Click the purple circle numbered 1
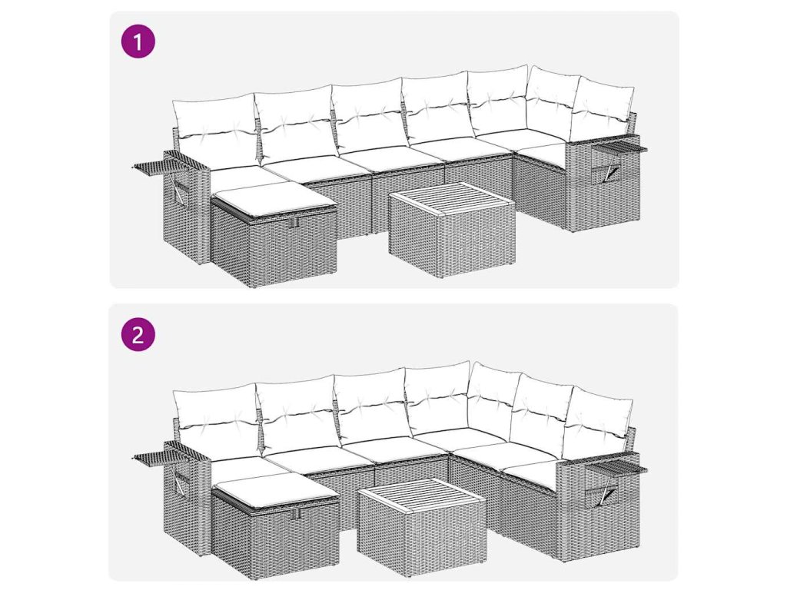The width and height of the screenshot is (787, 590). click(138, 41)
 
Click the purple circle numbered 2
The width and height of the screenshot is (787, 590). click(138, 334)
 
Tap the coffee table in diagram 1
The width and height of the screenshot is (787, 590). click(452, 230)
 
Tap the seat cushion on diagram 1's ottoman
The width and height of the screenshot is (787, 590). click(274, 199)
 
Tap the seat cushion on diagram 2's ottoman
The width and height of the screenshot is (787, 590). click(276, 490)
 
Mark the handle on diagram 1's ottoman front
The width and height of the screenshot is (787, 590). click(296, 221)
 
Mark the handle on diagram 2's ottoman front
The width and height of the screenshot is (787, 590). click(297, 514)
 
